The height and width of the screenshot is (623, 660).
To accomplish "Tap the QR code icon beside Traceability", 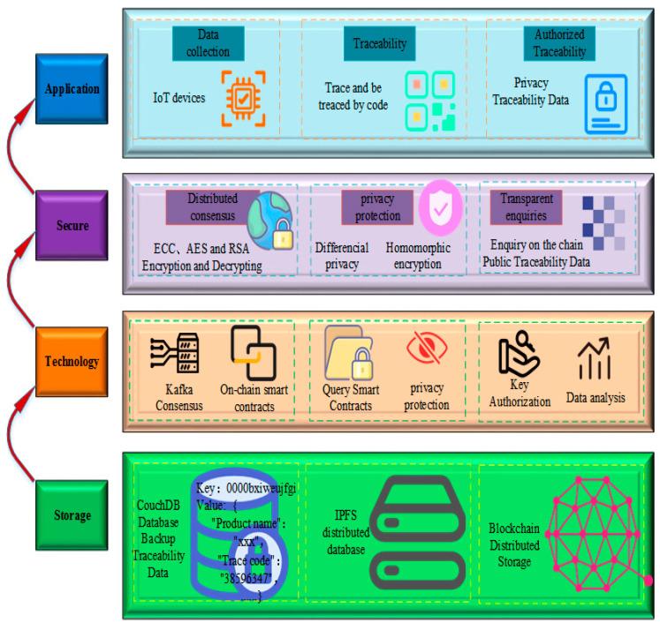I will coord(430,101).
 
